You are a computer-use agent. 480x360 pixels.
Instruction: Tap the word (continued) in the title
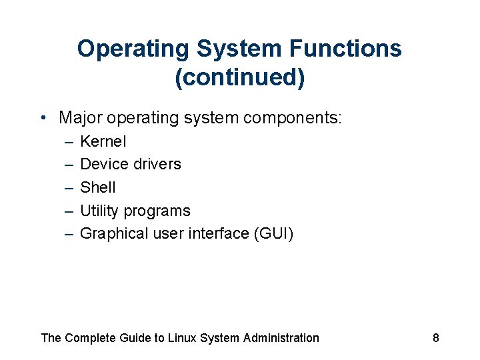(x=240, y=78)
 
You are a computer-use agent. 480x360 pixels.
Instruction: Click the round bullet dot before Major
(x=43, y=119)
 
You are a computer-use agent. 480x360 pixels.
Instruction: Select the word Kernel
(x=103, y=141)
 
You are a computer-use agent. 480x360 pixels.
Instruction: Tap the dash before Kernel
(x=69, y=142)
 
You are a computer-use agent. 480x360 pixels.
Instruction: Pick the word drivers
(x=157, y=164)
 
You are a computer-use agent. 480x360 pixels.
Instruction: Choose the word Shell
(x=98, y=187)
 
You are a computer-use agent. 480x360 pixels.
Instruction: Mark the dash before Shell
(x=69, y=188)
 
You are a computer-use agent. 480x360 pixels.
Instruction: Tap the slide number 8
(x=436, y=338)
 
